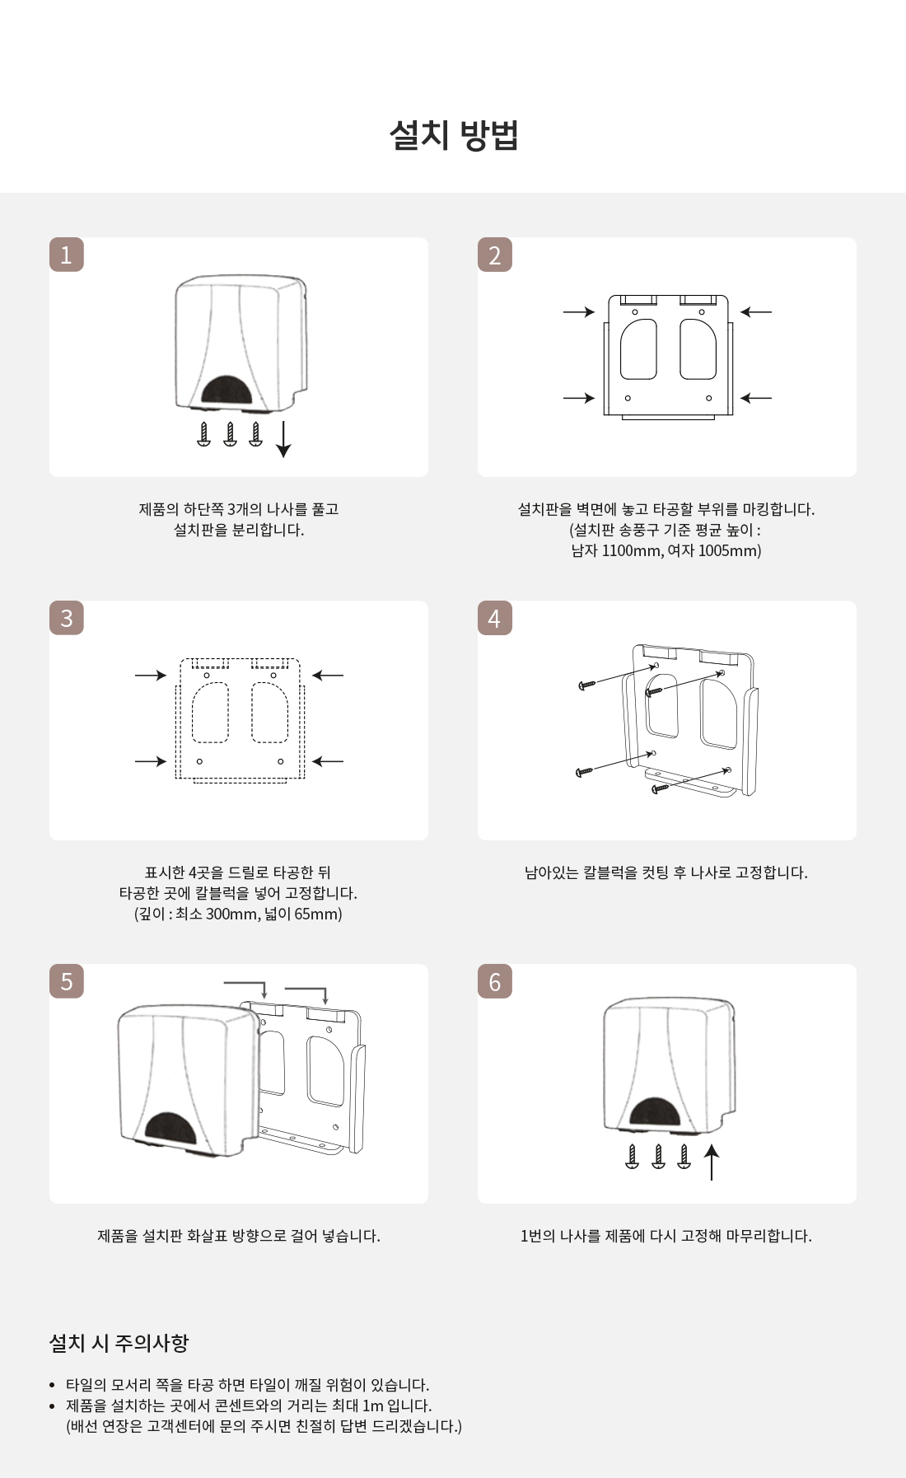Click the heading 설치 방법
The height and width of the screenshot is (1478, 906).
coord(453,135)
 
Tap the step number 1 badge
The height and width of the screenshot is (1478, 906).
coord(67,255)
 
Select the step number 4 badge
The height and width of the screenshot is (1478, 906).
coord(495,618)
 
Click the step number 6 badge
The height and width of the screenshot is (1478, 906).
coord(495,981)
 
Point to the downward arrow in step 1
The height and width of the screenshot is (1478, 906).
coord(283,439)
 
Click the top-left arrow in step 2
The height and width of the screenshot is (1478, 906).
coord(579,312)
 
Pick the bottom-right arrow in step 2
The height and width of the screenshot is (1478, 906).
coord(756,398)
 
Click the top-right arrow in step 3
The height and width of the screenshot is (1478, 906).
coord(328,676)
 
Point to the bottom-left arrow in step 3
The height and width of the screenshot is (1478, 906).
coord(151,761)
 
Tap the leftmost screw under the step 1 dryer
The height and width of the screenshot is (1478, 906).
coord(204,434)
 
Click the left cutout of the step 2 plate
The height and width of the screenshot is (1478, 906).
coord(638,349)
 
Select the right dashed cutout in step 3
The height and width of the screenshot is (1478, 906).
coord(269,713)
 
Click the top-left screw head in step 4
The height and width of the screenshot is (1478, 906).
coord(586,685)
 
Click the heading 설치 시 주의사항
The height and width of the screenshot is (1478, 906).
coord(119,1343)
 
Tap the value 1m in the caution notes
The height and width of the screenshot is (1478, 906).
coord(373,1406)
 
